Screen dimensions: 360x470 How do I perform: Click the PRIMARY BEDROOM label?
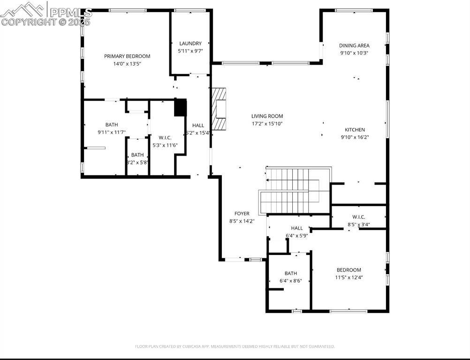(127, 56)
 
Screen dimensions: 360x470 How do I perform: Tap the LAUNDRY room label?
(190, 44)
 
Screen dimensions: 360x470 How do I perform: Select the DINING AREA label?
(354, 46)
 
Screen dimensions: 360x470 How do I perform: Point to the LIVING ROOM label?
(267, 116)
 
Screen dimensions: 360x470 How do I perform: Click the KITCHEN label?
(355, 130)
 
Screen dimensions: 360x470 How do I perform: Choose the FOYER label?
(242, 214)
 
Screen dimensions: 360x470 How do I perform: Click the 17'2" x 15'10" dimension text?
(267, 124)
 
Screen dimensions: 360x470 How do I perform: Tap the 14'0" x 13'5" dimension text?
(127, 64)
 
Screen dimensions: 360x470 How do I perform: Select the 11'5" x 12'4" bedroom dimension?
(349, 277)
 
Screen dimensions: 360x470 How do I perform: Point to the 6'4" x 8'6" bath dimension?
(290, 281)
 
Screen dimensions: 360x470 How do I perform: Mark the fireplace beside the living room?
(220, 109)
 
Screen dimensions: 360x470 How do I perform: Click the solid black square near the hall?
(181, 107)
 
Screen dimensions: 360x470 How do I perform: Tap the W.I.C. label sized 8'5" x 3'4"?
(359, 217)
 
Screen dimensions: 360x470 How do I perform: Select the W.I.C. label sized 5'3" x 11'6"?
(165, 137)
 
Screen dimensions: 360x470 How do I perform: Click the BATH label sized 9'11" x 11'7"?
(112, 125)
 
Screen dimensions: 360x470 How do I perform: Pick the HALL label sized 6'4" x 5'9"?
(296, 228)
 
